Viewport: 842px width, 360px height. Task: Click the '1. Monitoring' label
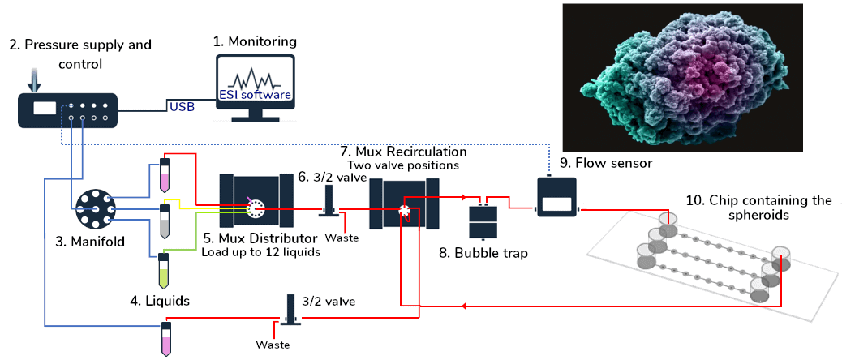point(255,41)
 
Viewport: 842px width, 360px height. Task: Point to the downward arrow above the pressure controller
point(32,79)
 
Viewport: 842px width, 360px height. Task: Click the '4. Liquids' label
point(161,300)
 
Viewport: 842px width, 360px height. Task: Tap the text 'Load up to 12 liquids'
point(260,252)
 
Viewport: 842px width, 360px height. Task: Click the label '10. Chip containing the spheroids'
point(758,208)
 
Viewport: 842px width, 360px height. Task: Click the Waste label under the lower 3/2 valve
point(273,345)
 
